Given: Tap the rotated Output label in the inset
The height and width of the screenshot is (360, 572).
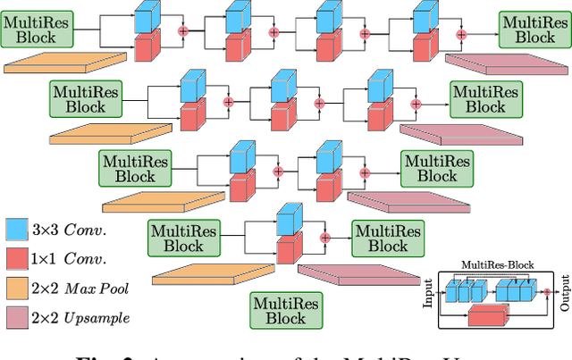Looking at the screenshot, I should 564,293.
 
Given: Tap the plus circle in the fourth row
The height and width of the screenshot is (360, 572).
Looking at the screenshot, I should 325,238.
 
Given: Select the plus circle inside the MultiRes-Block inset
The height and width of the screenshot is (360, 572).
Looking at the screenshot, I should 547,291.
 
